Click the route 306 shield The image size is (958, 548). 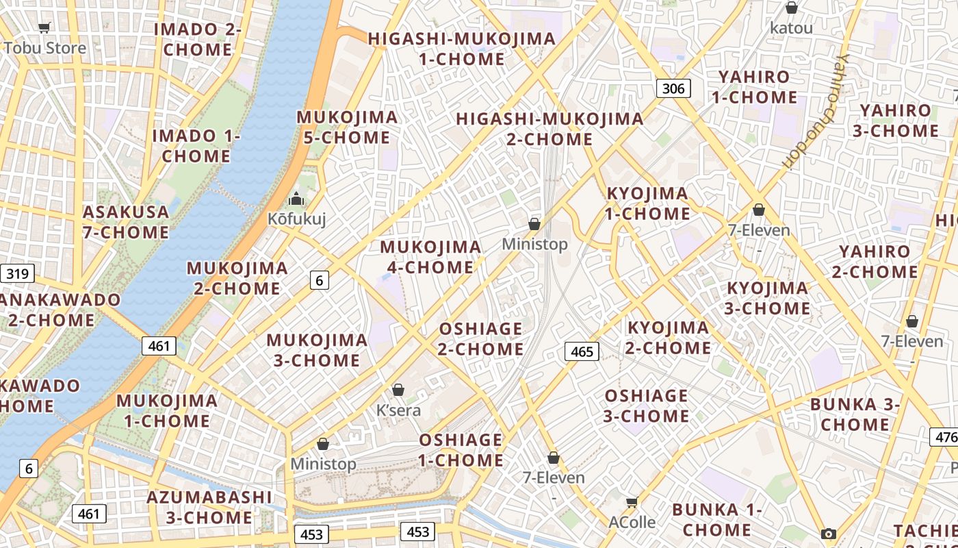pyautogui.click(x=673, y=88)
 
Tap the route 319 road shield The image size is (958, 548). pyautogui.click(x=17, y=274)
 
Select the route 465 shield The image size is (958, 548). pyautogui.click(x=582, y=351)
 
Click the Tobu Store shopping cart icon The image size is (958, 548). pyautogui.click(x=44, y=28)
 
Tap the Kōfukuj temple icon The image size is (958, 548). pyautogui.click(x=296, y=199)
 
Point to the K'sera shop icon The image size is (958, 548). pyautogui.click(x=398, y=390)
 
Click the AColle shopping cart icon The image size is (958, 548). pyautogui.click(x=632, y=503)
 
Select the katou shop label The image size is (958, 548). pyautogui.click(x=791, y=28)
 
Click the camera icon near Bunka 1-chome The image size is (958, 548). pyautogui.click(x=829, y=534)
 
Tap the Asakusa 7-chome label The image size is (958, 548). pyautogui.click(x=126, y=222)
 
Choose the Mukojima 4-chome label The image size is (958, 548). pyautogui.click(x=430, y=257)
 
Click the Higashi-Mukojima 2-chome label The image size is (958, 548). pyautogui.click(x=549, y=129)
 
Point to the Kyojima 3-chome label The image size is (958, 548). pyautogui.click(x=767, y=298)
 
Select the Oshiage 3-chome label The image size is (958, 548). pyautogui.click(x=646, y=406)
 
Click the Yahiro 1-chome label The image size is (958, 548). pyautogui.click(x=754, y=87)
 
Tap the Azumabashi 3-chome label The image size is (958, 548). pyautogui.click(x=209, y=507)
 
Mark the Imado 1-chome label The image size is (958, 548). pyautogui.click(x=196, y=146)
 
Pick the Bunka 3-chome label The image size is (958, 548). pyautogui.click(x=855, y=414)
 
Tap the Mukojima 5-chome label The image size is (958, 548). pyautogui.click(x=347, y=127)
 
